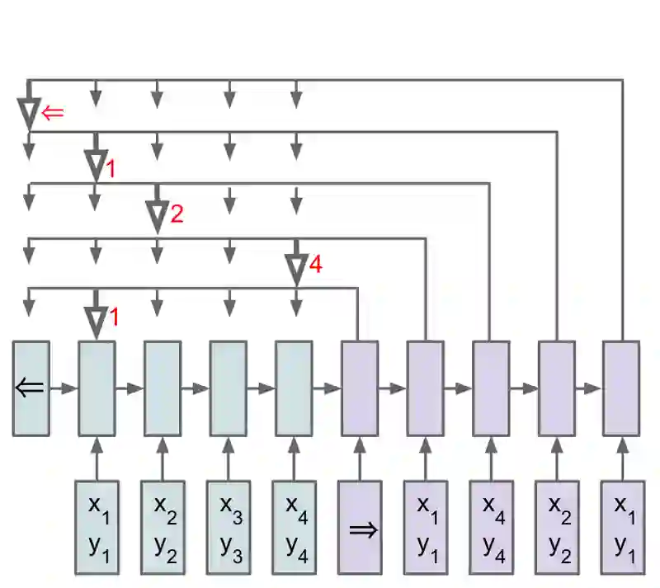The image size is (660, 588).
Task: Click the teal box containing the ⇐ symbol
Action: click(x=31, y=388)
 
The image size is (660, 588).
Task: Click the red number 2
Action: click(x=177, y=215)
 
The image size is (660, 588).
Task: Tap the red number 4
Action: click(x=315, y=265)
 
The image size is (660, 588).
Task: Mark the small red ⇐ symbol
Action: click(x=52, y=113)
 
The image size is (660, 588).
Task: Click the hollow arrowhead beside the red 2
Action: click(x=157, y=217)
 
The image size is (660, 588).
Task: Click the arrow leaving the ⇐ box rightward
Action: click(x=63, y=388)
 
